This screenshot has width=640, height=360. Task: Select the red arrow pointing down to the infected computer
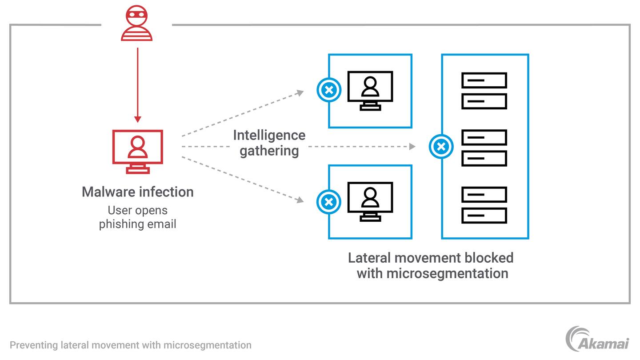(138, 84)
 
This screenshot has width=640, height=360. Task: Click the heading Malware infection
(137, 192)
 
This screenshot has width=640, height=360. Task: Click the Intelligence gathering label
(269, 143)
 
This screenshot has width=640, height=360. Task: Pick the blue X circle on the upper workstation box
(329, 91)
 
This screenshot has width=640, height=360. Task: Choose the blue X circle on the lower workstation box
(329, 202)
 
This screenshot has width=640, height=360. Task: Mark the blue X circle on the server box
(441, 147)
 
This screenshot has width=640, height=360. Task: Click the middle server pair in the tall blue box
(484, 148)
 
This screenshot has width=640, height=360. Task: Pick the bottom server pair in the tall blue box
(484, 205)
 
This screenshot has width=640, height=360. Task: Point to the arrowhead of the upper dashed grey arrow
(301, 92)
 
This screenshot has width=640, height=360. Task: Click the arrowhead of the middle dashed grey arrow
(412, 146)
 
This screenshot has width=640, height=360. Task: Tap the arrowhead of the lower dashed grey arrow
(301, 200)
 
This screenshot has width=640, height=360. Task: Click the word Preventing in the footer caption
(34, 345)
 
